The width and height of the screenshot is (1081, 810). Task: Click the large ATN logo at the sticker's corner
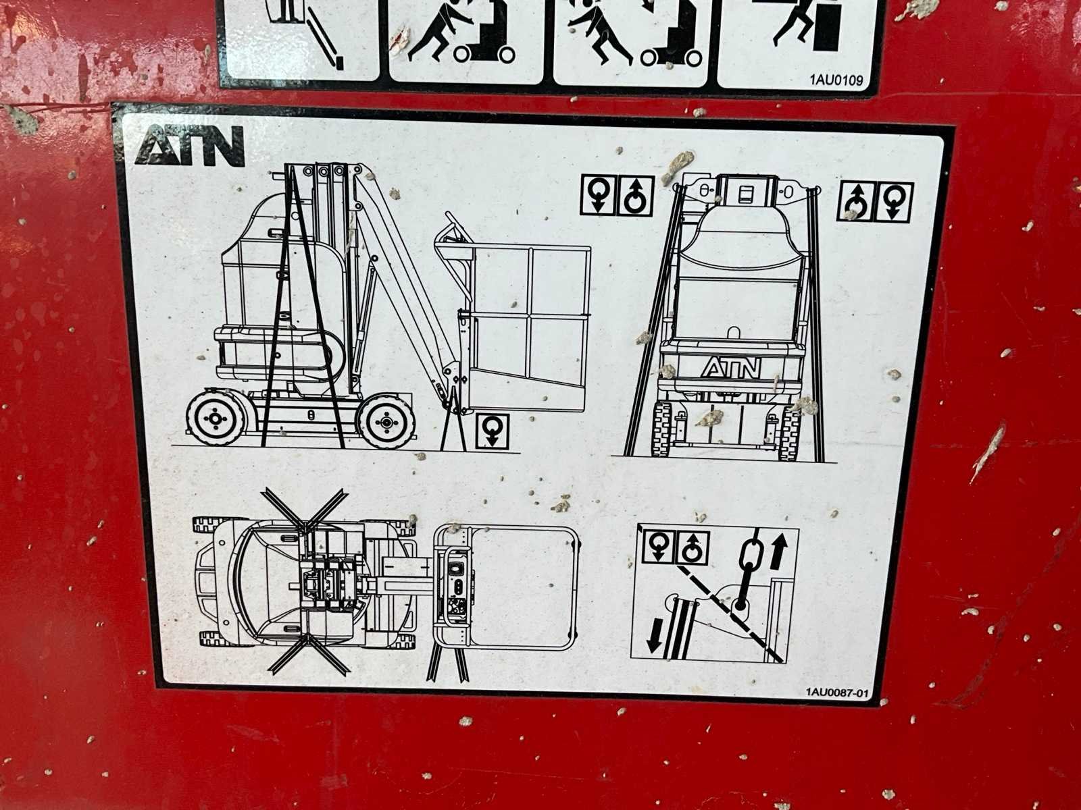190,145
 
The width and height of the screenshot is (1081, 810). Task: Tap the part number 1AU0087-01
836,693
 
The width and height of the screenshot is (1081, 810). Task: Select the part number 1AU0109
836,80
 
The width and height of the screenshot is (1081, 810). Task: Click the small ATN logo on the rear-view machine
731,367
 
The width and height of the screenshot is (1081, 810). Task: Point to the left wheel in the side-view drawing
216,418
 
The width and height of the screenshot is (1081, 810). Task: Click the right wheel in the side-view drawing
386,421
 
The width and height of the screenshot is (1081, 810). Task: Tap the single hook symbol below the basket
492,431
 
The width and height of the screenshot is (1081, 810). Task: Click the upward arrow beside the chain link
778,551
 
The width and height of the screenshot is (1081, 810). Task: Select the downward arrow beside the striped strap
655,635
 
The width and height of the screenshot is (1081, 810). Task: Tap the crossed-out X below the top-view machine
308,654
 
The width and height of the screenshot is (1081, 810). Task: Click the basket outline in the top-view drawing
506,588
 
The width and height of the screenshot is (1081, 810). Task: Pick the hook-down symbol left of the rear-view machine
598,195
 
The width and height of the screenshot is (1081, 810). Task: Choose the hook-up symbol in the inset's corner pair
693,547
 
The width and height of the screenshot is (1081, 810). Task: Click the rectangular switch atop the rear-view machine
744,193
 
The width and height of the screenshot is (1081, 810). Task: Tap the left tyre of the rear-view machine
662,429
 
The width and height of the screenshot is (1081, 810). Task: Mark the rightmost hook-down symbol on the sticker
895,202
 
